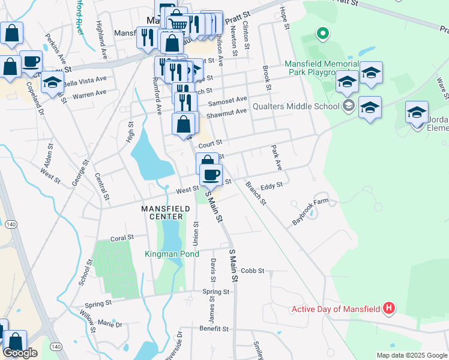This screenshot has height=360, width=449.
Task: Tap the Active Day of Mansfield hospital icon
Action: (389, 308)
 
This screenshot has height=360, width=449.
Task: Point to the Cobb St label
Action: (253, 271)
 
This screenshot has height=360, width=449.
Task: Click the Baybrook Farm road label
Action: (310, 211)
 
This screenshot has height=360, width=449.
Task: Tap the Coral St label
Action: (122, 238)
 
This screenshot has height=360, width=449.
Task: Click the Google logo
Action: (20, 353)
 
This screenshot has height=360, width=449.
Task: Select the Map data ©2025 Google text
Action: (411, 355)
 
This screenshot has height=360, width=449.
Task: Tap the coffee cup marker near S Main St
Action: (211, 174)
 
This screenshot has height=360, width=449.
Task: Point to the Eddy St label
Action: (271, 187)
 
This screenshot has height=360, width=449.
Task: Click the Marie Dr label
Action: (110, 324)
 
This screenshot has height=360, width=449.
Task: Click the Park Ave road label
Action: (276, 157)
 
